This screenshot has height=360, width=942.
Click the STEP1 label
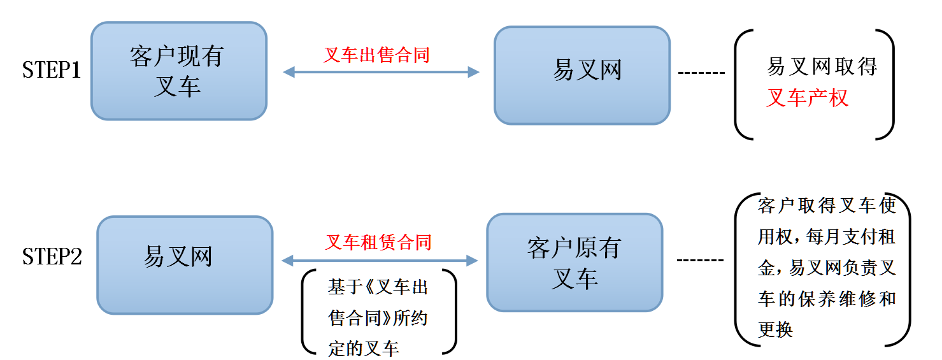pyautogui.click(x=52, y=70)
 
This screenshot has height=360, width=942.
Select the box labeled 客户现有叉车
pyautogui.click(x=178, y=71)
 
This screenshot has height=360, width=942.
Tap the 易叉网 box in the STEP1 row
pyautogui.click(x=582, y=75)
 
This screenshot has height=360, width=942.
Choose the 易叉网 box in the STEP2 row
pyautogui.click(x=185, y=264)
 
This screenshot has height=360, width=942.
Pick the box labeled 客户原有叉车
pyautogui.click(x=574, y=262)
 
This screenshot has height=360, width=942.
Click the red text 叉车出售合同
pyautogui.click(x=376, y=55)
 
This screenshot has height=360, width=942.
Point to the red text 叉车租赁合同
pyautogui.click(x=378, y=243)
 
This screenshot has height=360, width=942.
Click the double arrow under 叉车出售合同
pyautogui.click(x=381, y=72)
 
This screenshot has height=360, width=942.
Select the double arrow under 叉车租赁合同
pyautogui.click(x=380, y=260)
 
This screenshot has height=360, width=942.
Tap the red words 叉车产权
pyautogui.click(x=807, y=98)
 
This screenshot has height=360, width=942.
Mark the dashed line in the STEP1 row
pyautogui.click(x=701, y=72)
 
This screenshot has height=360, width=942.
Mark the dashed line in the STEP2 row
pyautogui.click(x=700, y=260)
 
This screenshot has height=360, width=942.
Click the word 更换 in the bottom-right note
pyautogui.click(x=775, y=329)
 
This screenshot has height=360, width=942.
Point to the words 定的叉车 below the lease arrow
pyautogui.click(x=364, y=348)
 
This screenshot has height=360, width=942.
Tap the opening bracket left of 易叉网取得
pyautogui.click(x=742, y=84)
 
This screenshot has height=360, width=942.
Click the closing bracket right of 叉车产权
pyautogui.click(x=887, y=84)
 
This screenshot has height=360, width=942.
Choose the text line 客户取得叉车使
pyautogui.click(x=827, y=206)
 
